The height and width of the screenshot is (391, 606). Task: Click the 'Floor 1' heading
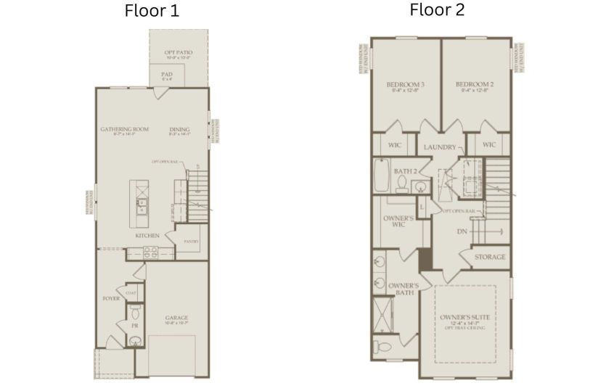(x=152, y=11)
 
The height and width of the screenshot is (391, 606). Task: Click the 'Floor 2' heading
(x=437, y=9)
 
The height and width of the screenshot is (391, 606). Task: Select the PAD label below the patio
(x=167, y=75)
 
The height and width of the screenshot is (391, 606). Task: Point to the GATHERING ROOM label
(x=124, y=130)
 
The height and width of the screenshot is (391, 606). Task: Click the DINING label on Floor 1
(x=179, y=130)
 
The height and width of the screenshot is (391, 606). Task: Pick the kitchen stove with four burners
(x=150, y=253)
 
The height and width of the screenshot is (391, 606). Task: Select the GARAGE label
(x=176, y=318)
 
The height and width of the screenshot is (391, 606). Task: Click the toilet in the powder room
(x=134, y=314)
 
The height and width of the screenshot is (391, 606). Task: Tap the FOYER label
(x=110, y=297)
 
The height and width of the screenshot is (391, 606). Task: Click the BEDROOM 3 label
(x=406, y=85)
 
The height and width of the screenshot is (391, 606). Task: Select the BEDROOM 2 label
(x=475, y=85)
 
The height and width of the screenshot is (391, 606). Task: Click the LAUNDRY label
(x=440, y=147)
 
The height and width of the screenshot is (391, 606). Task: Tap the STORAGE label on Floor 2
(x=490, y=258)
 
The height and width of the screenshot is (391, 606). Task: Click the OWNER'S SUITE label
(x=464, y=318)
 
